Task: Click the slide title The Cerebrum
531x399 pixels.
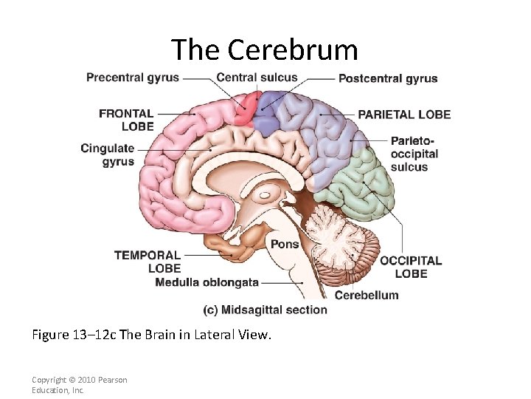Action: tap(265, 50)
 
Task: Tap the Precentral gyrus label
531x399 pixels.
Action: tap(132, 78)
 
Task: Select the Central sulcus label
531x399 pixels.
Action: tap(257, 78)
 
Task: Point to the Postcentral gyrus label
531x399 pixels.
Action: tap(388, 78)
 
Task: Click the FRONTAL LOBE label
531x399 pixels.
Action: tap(126, 120)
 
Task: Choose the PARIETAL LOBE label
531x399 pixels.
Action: tap(404, 115)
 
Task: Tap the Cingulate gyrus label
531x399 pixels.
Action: tap(108, 154)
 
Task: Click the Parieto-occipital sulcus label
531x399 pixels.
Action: tap(414, 154)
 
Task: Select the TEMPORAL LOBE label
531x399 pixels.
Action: tap(147, 262)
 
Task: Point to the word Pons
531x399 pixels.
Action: tap(285, 244)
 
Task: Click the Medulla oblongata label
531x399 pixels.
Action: tap(207, 282)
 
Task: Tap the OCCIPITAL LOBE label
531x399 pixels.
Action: tap(411, 267)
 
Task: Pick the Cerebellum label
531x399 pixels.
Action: tap(367, 295)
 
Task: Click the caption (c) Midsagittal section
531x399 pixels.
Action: tap(265, 310)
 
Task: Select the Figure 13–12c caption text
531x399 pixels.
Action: tap(152, 335)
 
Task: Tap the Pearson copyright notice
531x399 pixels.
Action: tap(79, 384)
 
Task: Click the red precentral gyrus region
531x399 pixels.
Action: tap(246, 109)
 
